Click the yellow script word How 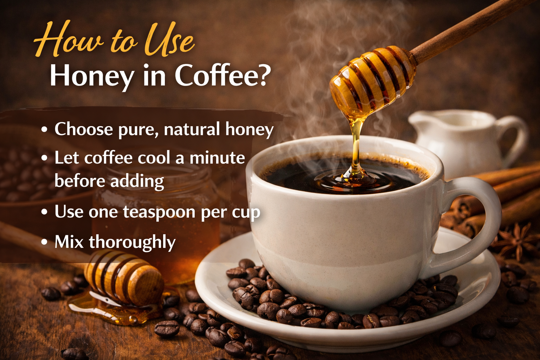(x=69, y=39)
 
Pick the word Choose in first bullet (x=83, y=129)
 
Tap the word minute (x=217, y=158)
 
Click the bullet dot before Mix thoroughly (x=44, y=242)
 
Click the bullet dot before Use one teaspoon (x=44, y=212)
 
